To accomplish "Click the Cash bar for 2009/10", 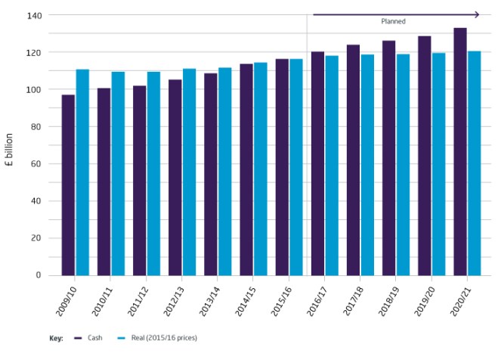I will [x=68, y=185].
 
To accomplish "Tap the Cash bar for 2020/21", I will [x=459, y=151].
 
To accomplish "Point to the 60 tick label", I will [x=35, y=163].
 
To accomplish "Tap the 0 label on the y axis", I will [x=37, y=275].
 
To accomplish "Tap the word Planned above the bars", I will [x=393, y=22].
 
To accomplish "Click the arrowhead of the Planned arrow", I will [x=477, y=14].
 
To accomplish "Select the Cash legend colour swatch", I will [x=78, y=337].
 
